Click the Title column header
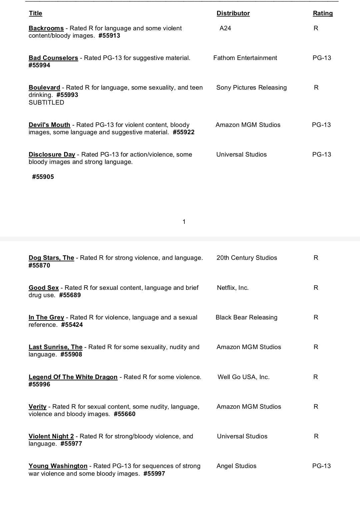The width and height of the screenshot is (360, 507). tap(35, 13)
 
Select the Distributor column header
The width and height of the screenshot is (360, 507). tap(233, 13)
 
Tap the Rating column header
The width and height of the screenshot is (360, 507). tap(322, 13)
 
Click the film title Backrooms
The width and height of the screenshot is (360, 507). tap(46, 28)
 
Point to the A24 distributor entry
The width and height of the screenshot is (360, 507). tap(225, 28)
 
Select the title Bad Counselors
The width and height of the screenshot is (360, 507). tap(53, 58)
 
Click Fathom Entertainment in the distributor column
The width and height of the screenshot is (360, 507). tap(245, 58)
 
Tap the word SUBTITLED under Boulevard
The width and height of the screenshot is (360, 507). tap(46, 103)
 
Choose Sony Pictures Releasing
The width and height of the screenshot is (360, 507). tap(251, 88)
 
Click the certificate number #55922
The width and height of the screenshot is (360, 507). tap(184, 132)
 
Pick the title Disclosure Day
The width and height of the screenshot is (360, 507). tap(52, 155)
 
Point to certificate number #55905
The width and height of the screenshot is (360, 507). tap(43, 177)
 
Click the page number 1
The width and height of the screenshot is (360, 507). tap(184, 222)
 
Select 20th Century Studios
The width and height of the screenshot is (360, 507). tap(247, 258)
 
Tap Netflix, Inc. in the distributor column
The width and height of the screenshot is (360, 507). tap(233, 288)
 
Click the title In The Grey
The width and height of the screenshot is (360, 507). tap(46, 317)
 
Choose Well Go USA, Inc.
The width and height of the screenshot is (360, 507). tap(243, 377)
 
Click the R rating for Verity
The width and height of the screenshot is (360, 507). tap(316, 407)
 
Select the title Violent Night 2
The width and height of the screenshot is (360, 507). tap(51, 436)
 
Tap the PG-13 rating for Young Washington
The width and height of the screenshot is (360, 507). tap(321, 466)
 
